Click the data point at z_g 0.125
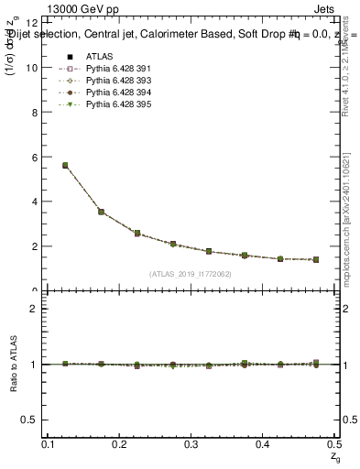(x=65, y=166)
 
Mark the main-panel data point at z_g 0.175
(x=101, y=212)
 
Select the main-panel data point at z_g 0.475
(x=316, y=260)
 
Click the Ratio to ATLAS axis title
(x=13, y=364)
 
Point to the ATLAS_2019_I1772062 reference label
(x=190, y=274)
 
